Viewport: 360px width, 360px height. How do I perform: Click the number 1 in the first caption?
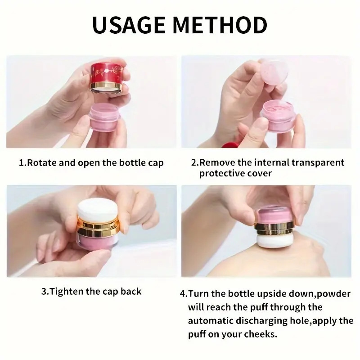[x=21, y=163]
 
